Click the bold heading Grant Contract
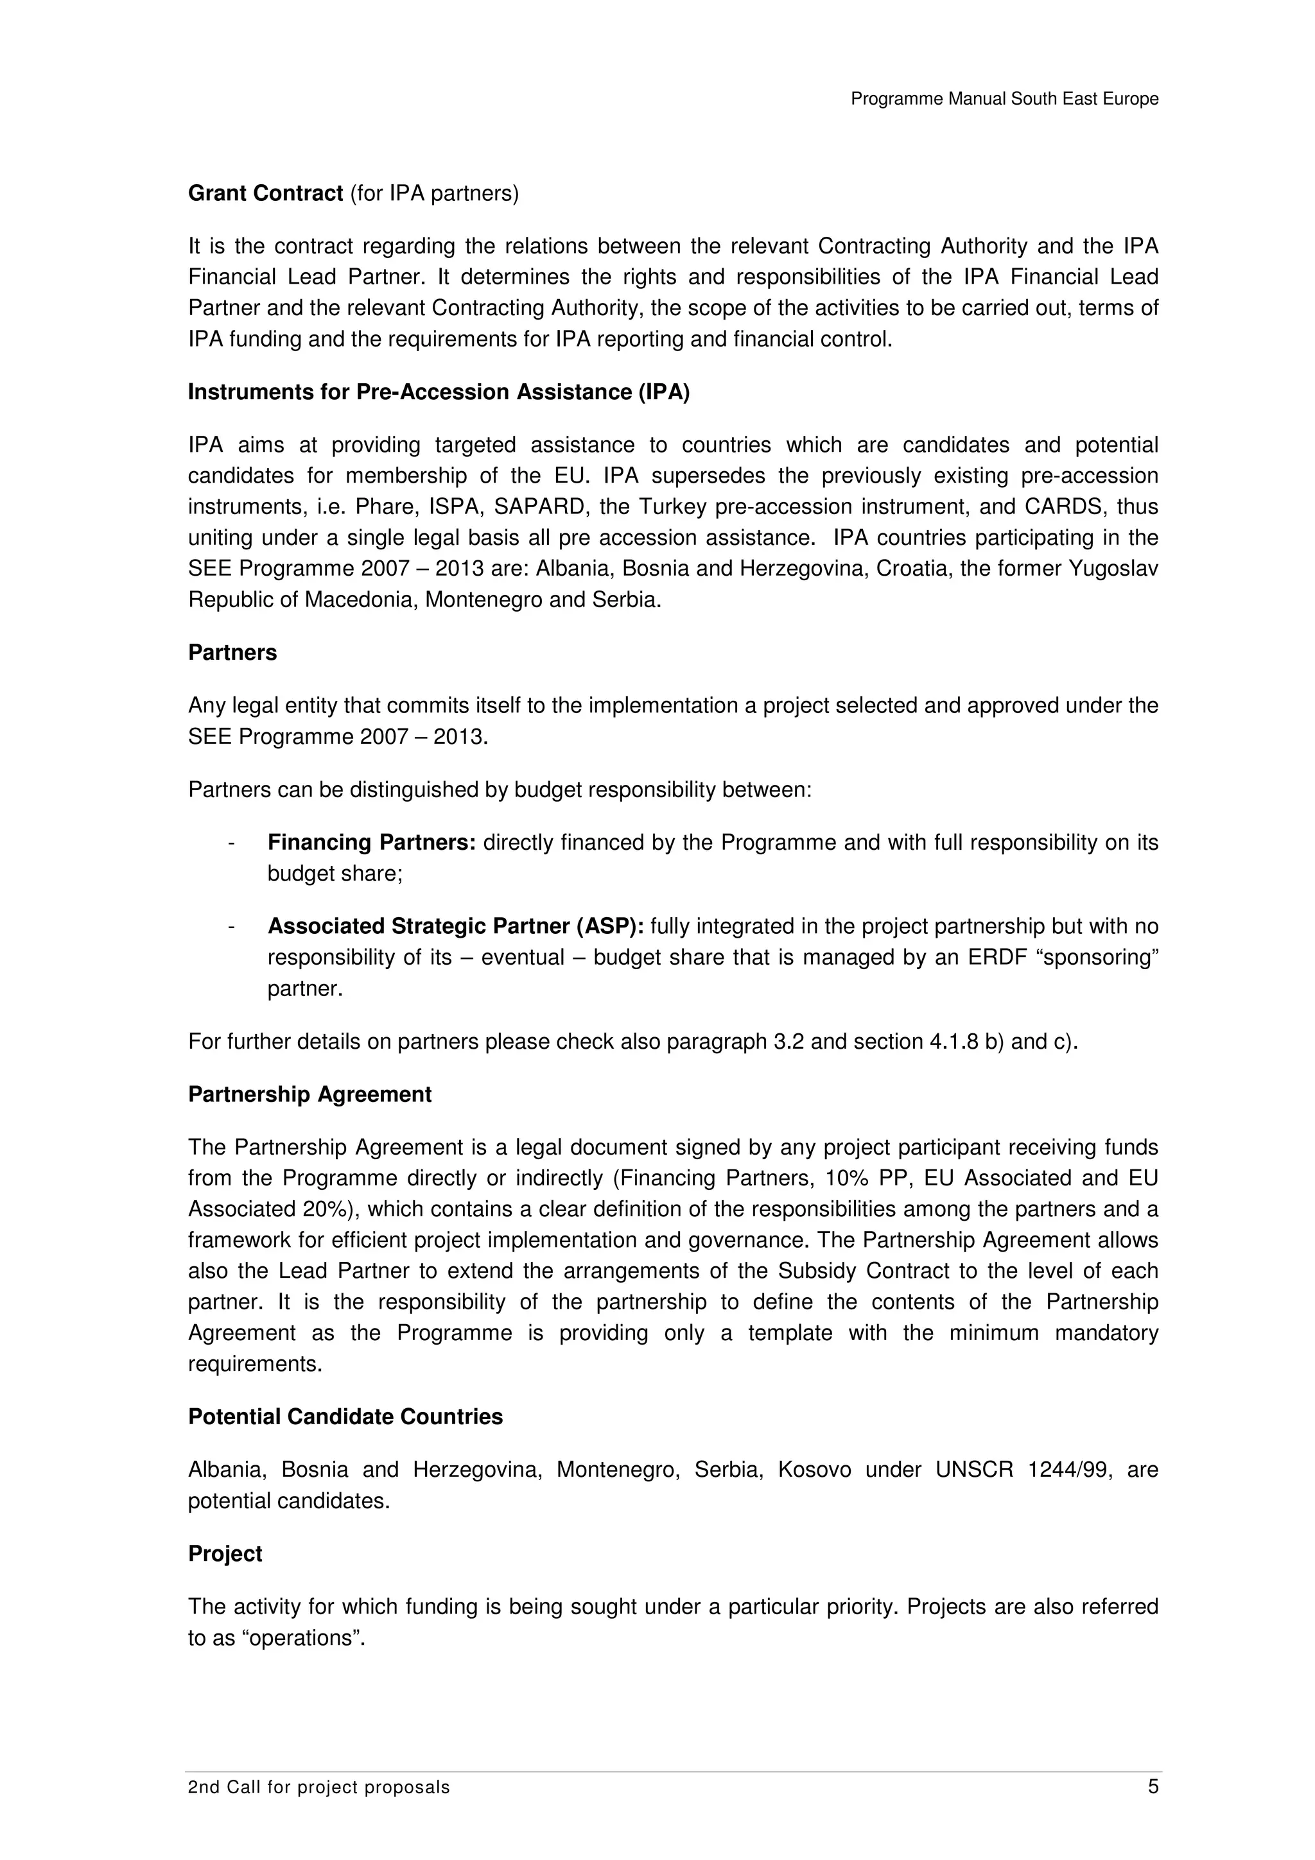266,194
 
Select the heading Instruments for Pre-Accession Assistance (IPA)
439,392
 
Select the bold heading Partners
232,653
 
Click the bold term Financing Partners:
372,843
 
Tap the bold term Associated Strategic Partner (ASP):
455,926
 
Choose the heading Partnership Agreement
309,1094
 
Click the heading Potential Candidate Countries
345,1417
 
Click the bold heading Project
225,1554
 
